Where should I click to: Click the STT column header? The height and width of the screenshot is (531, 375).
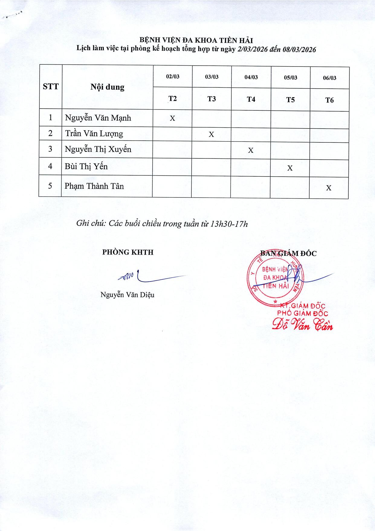click(50, 87)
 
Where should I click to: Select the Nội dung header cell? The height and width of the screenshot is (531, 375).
click(107, 87)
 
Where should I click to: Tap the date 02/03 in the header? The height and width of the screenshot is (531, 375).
click(173, 77)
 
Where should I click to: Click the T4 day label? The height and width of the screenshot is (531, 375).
click(251, 99)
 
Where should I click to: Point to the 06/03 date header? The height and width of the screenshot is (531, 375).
click(329, 78)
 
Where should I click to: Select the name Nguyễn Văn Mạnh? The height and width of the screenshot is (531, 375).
click(98, 118)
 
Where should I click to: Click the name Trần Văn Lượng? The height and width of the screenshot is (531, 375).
click(94, 133)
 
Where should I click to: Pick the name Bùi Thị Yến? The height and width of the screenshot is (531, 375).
click(86, 166)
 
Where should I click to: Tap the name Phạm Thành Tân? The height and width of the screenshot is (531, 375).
click(94, 186)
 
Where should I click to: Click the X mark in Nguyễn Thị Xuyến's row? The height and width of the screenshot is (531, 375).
click(251, 150)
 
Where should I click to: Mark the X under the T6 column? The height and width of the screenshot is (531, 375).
click(329, 188)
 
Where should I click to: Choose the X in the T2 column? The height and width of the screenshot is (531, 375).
click(172, 118)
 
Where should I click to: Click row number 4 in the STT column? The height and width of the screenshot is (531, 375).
click(50, 166)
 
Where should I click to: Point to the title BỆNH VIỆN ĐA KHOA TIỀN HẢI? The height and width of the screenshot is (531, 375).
click(196, 40)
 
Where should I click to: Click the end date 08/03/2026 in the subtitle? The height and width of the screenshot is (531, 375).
click(299, 50)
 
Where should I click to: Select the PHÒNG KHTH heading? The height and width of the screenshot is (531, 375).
click(128, 252)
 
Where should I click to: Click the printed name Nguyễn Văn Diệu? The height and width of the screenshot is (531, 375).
click(127, 295)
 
